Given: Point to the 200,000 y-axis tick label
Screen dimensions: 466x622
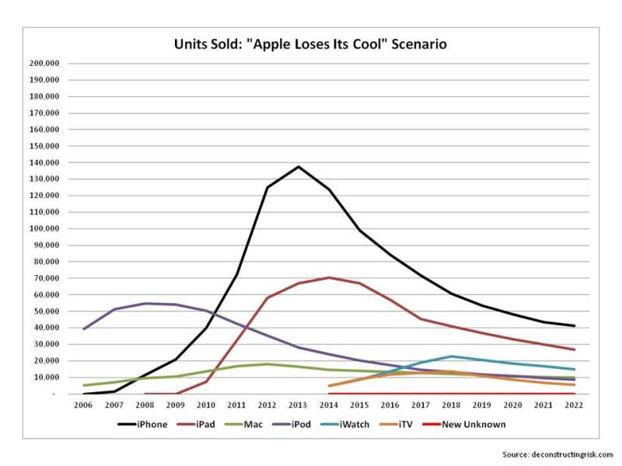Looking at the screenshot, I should [x=43, y=64].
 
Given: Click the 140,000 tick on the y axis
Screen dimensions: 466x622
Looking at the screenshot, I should [x=43, y=163].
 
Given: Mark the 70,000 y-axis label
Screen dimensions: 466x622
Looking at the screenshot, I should [x=45, y=278].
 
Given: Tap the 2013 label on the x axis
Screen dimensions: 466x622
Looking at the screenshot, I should [x=298, y=405].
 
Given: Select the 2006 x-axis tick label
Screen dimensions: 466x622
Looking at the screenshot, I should [x=83, y=405].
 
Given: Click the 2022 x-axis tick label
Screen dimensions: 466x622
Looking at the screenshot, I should [x=574, y=405].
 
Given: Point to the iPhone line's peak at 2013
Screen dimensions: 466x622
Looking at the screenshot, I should [x=299, y=166].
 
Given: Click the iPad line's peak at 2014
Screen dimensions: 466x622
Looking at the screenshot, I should [x=329, y=277].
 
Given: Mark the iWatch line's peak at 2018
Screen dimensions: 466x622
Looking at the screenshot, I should [x=452, y=356].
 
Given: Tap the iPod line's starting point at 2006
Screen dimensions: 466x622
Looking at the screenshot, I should [x=84, y=329].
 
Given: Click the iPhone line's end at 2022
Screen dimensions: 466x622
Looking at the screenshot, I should [x=574, y=325].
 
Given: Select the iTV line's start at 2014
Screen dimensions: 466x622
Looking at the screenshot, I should [x=329, y=386].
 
